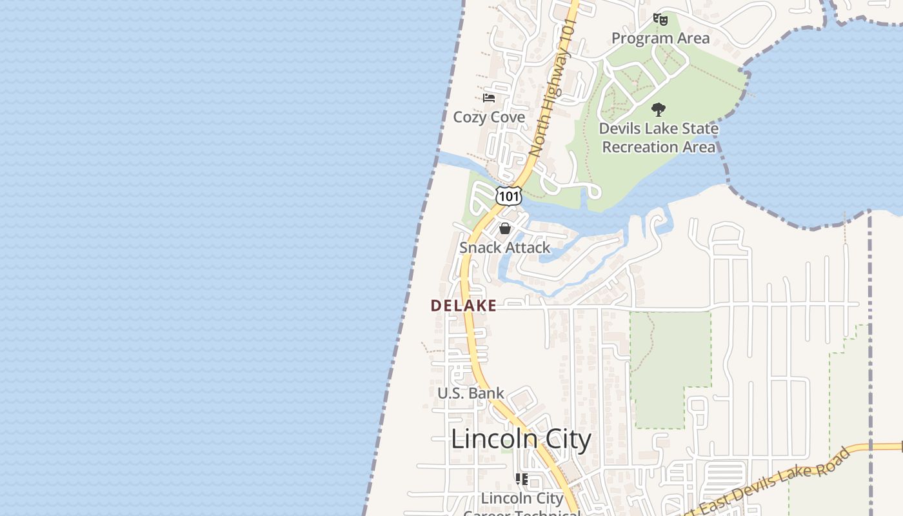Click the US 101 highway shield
(508, 195)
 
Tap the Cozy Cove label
(489, 117)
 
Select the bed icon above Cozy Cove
(489, 98)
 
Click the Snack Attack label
(505, 248)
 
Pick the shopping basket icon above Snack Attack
(505, 228)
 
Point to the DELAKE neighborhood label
(464, 306)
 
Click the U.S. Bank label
(471, 393)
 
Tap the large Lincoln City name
(521, 440)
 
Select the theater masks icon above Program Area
(660, 19)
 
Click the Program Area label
(660, 38)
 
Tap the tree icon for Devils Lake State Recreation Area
(658, 110)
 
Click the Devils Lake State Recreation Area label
(659, 137)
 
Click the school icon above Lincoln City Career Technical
(522, 479)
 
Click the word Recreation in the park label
(659, 147)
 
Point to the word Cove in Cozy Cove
(508, 117)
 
